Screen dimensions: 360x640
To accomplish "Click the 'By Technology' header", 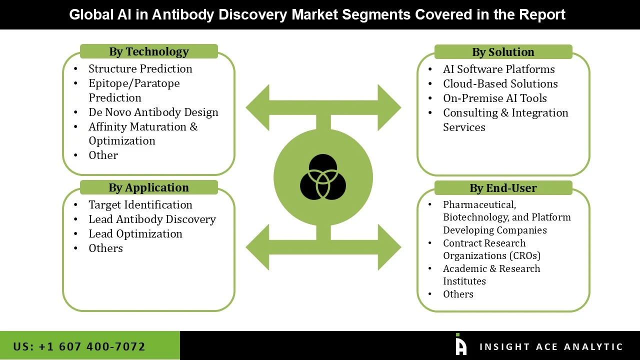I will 148,51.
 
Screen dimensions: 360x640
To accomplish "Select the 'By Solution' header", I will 503,52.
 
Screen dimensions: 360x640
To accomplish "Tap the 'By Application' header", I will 148,187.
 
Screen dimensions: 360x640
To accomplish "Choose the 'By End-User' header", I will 503,188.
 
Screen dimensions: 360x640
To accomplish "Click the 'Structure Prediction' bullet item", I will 140,68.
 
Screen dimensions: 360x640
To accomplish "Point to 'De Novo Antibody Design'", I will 153,112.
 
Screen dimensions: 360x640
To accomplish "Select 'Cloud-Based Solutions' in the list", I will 500,83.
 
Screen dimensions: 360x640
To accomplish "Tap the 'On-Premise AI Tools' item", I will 494,98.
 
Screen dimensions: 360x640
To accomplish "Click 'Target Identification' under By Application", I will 140,204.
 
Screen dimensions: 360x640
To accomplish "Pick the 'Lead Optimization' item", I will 135,233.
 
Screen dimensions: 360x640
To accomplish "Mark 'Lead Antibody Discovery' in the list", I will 152,219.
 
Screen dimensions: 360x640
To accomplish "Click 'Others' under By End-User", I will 458,294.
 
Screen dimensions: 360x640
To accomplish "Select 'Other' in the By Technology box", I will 103,155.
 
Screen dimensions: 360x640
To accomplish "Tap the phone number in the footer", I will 79,346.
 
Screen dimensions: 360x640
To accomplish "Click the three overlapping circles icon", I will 323,177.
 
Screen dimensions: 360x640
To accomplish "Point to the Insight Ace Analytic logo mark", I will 461,344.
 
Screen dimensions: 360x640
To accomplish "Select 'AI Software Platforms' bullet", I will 498,69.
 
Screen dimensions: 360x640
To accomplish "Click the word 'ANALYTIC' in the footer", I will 593,346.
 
